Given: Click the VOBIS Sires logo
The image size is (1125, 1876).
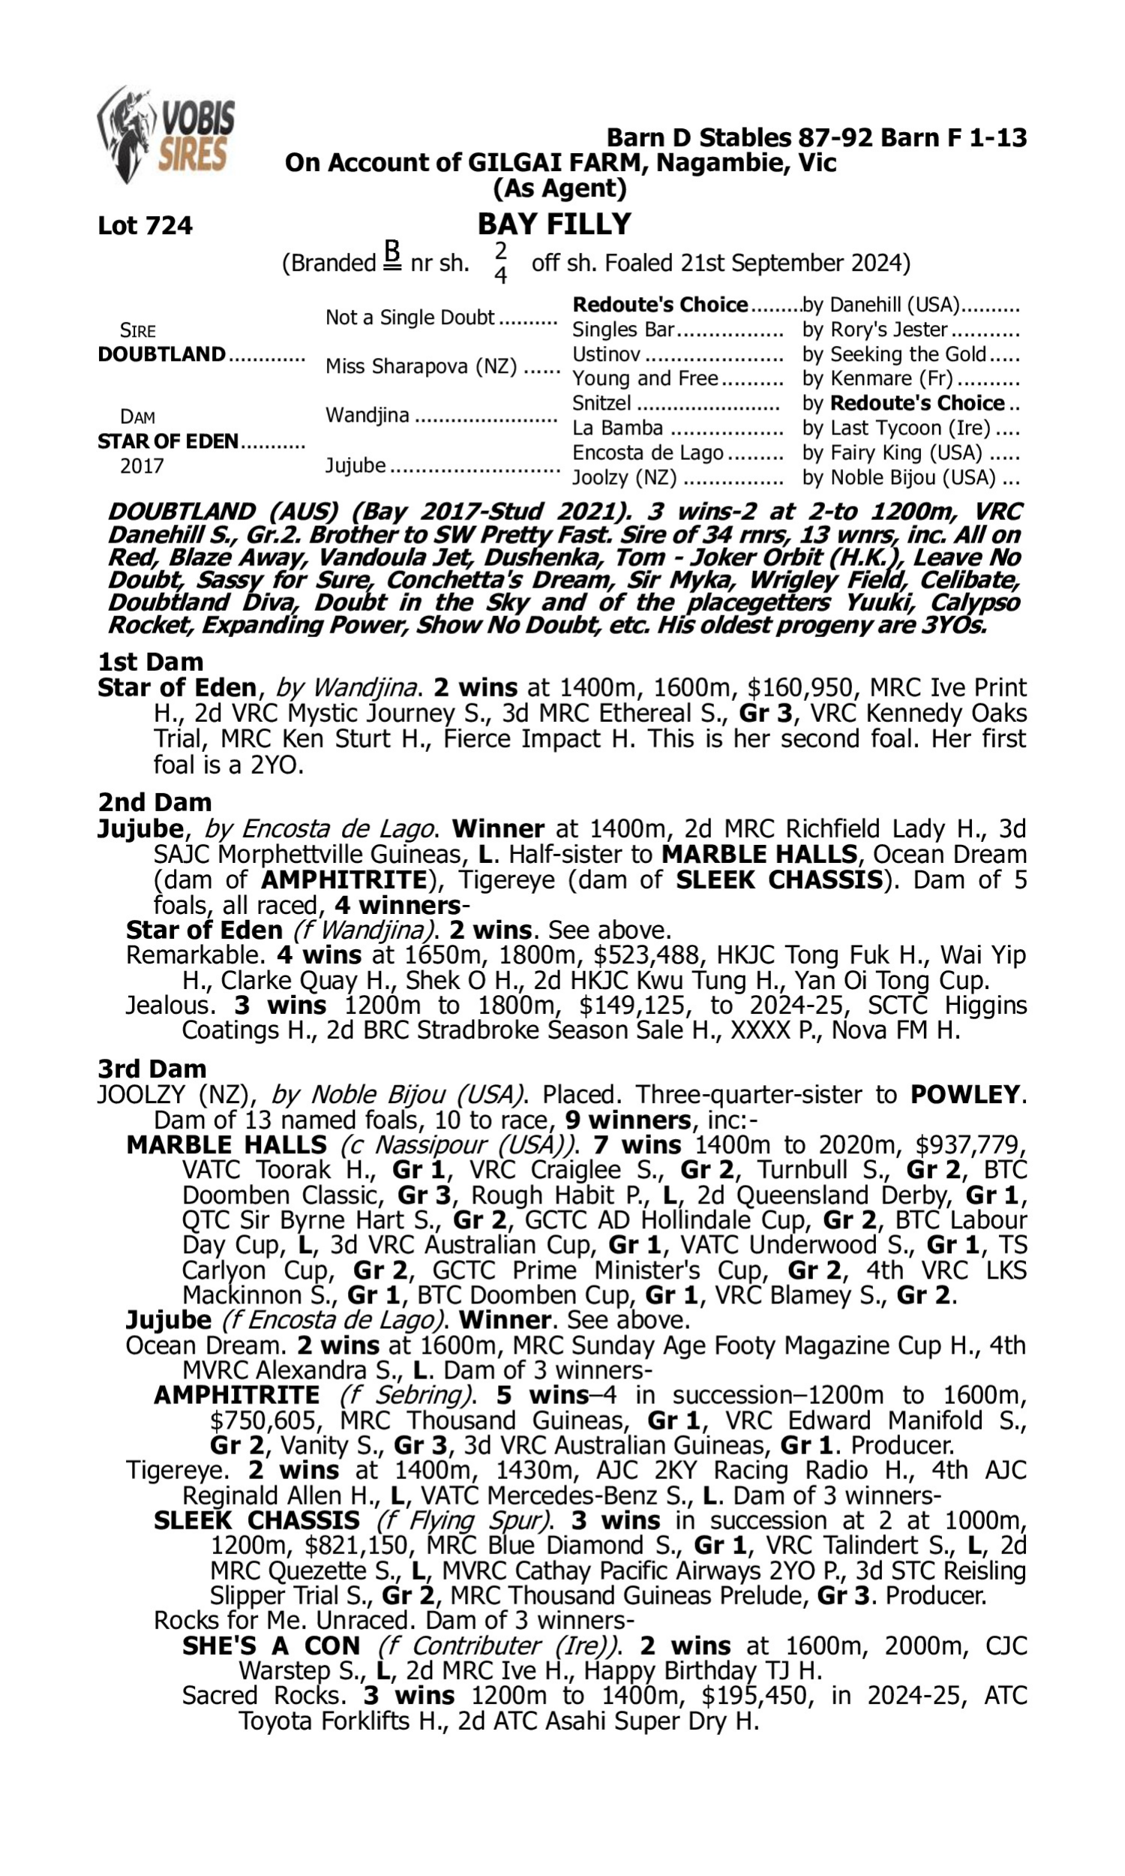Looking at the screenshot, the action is (166, 135).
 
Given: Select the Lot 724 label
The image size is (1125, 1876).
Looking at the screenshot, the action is (145, 225).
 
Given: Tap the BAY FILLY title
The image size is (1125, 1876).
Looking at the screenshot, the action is (554, 224).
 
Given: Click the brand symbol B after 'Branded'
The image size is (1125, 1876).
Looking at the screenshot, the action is (391, 255).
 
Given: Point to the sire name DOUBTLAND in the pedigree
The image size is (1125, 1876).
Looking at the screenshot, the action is (161, 354).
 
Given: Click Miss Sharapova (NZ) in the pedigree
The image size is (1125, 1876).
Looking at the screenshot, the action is (421, 366).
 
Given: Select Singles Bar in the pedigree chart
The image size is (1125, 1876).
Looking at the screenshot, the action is (623, 329).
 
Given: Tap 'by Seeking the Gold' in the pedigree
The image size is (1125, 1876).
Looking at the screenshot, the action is (895, 354).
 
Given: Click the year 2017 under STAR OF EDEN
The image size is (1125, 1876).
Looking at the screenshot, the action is (142, 465).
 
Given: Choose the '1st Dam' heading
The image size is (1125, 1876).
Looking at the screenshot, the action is (150, 662).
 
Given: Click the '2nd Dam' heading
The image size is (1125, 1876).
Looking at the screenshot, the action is (154, 802).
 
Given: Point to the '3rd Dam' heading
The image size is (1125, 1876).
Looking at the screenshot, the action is (151, 1069).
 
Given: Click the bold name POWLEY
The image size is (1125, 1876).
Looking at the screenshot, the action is (964, 1094).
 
